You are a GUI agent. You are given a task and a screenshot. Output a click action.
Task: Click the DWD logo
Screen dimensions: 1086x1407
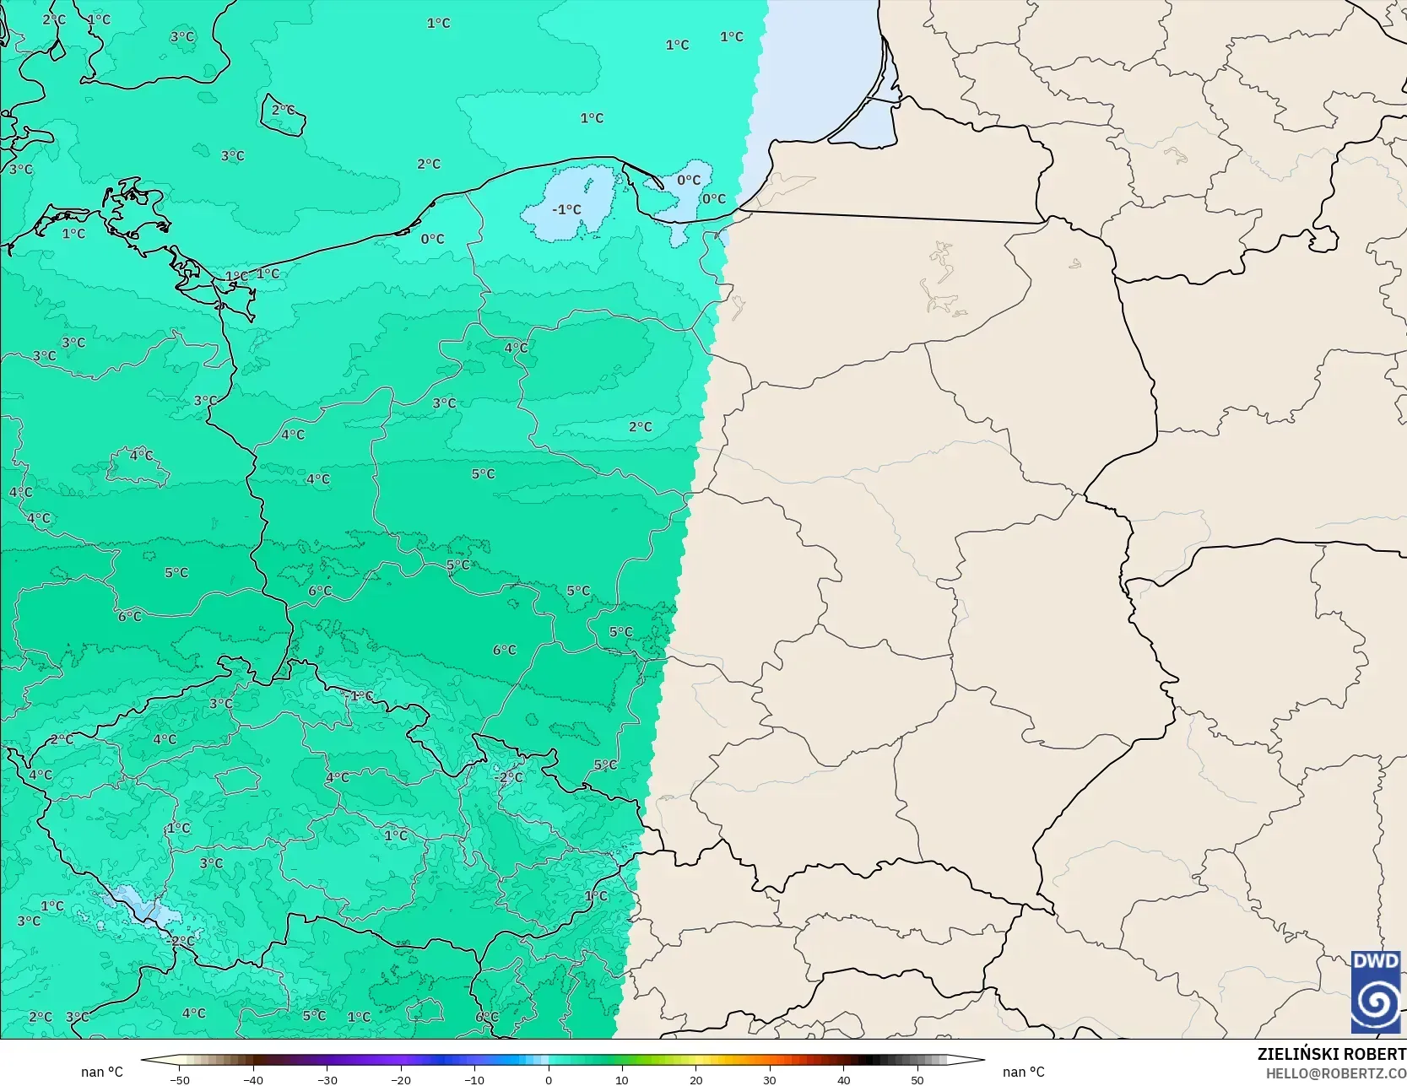point(1376,991)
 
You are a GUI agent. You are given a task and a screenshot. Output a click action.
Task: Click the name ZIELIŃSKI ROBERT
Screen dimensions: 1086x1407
point(1331,1054)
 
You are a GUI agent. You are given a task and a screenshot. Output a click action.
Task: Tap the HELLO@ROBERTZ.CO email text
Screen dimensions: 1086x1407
point(1335,1072)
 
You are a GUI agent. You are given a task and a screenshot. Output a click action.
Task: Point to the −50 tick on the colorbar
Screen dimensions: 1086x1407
point(179,1079)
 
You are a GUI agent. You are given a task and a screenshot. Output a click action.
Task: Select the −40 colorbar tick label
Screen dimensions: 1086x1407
point(253,1079)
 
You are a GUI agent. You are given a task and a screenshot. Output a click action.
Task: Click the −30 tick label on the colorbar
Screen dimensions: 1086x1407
point(327,1079)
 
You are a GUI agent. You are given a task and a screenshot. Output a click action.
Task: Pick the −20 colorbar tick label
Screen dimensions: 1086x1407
point(401,1079)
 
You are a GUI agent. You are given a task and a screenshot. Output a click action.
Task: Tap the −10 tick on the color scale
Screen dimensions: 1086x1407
point(474,1079)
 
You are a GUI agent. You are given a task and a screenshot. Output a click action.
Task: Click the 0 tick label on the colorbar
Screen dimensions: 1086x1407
point(549,1079)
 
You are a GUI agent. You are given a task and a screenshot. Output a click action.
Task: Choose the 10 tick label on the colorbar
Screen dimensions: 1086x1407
point(622,1079)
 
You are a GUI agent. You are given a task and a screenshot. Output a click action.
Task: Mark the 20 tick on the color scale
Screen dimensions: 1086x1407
point(695,1079)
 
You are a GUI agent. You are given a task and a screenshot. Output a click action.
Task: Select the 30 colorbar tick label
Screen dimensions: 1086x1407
point(770,1079)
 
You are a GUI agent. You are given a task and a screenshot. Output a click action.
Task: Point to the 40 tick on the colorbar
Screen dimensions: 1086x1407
point(843,1079)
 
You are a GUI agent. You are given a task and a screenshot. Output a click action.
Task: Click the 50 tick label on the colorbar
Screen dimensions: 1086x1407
point(917,1079)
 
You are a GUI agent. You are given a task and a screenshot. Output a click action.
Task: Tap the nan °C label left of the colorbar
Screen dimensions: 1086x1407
point(102,1072)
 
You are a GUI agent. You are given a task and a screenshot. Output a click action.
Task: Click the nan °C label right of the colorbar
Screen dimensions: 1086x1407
point(1024,1072)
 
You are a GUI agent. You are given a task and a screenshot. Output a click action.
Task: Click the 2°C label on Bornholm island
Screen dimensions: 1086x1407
point(284,111)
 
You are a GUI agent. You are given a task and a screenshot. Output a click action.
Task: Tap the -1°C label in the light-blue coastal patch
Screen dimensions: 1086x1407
point(566,209)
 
